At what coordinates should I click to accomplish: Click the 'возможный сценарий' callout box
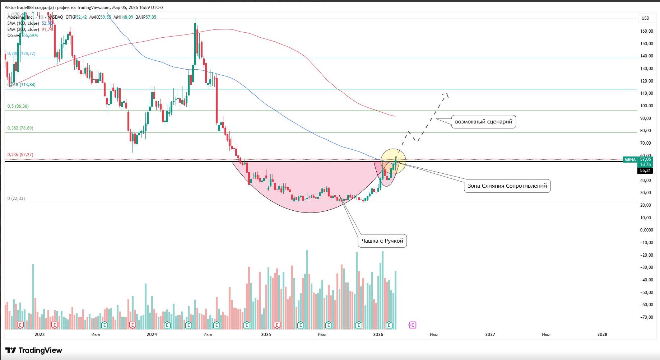[x=483, y=122]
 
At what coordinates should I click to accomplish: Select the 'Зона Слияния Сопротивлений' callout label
[x=507, y=186]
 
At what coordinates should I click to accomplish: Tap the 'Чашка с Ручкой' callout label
[x=382, y=241]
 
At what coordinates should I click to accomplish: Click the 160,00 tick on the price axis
[x=646, y=31]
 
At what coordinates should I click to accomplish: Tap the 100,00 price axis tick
[x=646, y=106]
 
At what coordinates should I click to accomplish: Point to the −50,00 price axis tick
[x=646, y=293]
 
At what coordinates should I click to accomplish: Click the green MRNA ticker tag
[x=630, y=160]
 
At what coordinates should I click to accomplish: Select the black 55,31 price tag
[x=645, y=170]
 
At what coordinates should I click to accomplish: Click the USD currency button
[x=645, y=18]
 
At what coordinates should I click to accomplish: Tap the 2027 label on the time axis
[x=490, y=335]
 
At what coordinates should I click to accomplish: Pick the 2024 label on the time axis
[x=152, y=335]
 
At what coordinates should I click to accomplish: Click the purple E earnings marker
[x=412, y=325]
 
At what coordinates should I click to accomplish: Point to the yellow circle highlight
[x=393, y=162]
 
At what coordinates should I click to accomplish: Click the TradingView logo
[x=34, y=350]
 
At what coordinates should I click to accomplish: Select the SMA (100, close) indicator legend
[x=23, y=23]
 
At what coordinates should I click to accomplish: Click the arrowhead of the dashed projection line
[x=447, y=94]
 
